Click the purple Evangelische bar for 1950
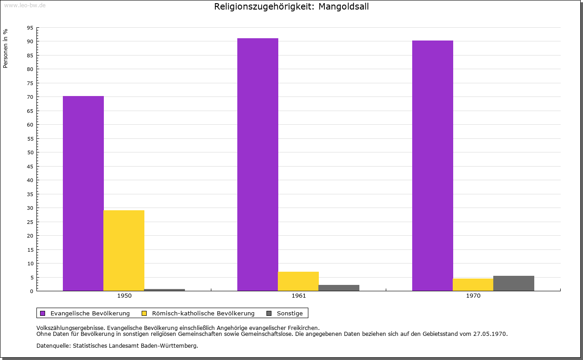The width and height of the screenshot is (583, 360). pyautogui.click(x=83, y=193)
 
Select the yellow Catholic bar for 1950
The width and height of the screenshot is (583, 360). pyautogui.click(x=124, y=250)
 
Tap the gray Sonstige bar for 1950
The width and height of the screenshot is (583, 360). pyautogui.click(x=164, y=290)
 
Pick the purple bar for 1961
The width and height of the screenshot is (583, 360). pyautogui.click(x=258, y=164)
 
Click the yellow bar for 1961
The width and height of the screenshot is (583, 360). pyautogui.click(x=298, y=281)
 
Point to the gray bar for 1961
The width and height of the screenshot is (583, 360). pyautogui.click(x=339, y=288)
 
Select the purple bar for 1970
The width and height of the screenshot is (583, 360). pyautogui.click(x=433, y=166)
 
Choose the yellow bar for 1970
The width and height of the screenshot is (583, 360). pyautogui.click(x=473, y=284)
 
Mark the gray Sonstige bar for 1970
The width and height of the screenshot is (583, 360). pyautogui.click(x=514, y=283)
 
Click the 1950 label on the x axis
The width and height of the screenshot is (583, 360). pyautogui.click(x=124, y=296)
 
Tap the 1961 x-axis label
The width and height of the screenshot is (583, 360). pyautogui.click(x=299, y=296)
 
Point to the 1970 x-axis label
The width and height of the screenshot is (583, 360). pyautogui.click(x=473, y=296)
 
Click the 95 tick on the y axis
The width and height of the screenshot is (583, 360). pyautogui.click(x=30, y=28)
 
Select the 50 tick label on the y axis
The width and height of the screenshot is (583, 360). pyautogui.click(x=30, y=152)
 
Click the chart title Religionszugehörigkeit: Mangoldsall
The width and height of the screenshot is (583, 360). pyautogui.click(x=291, y=7)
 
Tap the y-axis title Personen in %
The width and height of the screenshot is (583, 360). pyautogui.click(x=5, y=48)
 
